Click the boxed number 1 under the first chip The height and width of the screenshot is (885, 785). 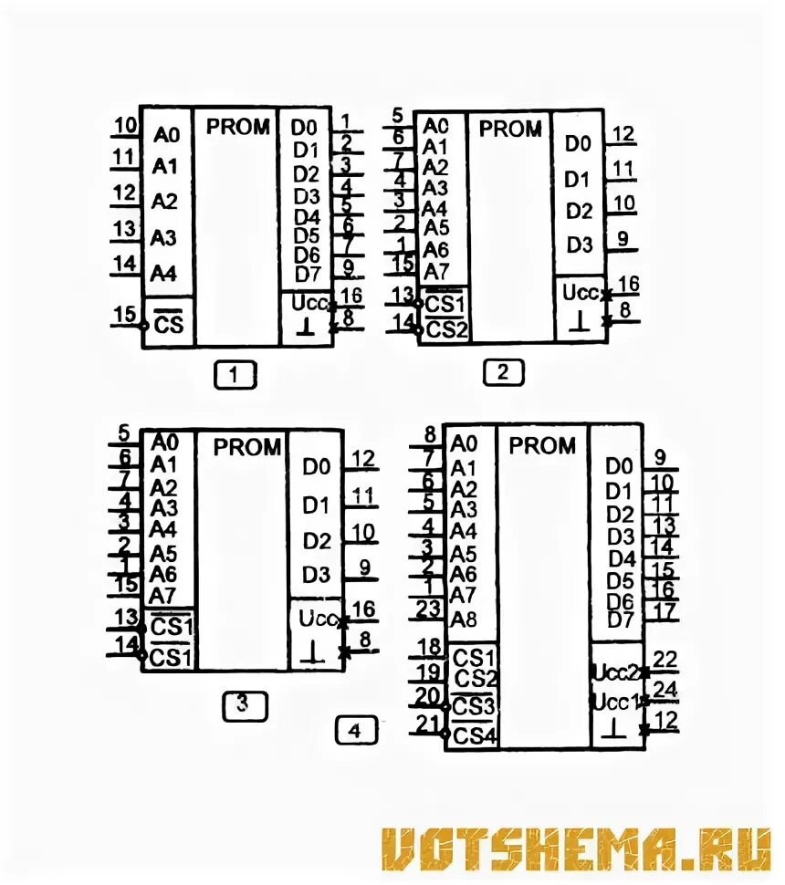click(235, 374)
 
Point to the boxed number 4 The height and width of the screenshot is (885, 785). click(354, 730)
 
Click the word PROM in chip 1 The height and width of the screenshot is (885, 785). click(237, 127)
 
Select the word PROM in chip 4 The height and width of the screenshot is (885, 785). click(542, 446)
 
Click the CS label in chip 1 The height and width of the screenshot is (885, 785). click(168, 324)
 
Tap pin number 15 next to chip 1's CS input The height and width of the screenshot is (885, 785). click(124, 314)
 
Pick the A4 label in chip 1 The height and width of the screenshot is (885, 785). click(164, 273)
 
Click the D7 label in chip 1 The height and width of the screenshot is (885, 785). click(307, 275)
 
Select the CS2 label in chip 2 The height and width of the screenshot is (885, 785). click(447, 328)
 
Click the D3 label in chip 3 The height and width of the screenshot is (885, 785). click(317, 575)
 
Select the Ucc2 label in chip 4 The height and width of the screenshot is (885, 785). click(614, 673)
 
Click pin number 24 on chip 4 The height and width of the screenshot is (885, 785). click(665, 689)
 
